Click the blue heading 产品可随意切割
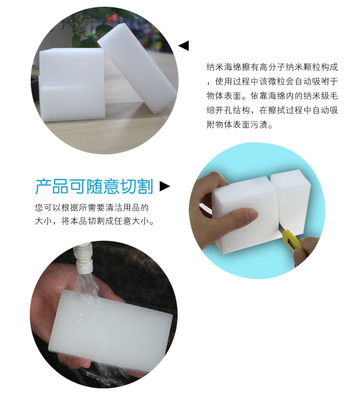(94, 187)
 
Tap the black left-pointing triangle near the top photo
(184, 46)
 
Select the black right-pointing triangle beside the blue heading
(165, 186)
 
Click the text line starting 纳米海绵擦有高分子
(272, 67)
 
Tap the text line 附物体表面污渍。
(240, 125)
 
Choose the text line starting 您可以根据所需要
(92, 208)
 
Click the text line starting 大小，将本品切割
(95, 221)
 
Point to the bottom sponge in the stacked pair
(72, 103)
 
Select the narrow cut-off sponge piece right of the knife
(291, 201)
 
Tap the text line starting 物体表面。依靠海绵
(272, 96)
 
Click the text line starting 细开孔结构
(272, 110)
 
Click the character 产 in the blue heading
(43, 187)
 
